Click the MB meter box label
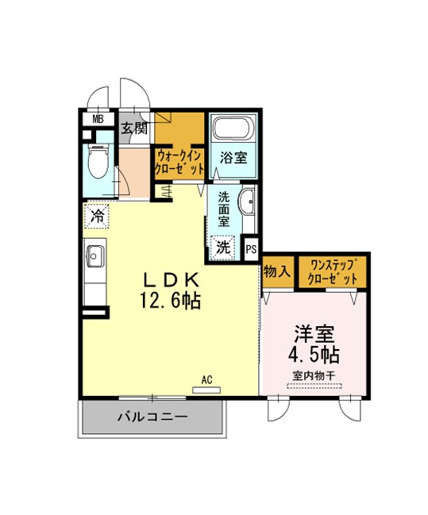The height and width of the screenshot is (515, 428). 98,119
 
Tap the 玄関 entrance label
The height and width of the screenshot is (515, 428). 134,128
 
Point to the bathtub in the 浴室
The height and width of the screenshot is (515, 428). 233,128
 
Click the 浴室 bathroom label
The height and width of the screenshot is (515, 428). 233,158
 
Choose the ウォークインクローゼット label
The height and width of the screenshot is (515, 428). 179,162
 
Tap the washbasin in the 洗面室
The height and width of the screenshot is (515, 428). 247,201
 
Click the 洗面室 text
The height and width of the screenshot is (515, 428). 224,209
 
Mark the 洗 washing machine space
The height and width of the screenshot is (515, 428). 223,248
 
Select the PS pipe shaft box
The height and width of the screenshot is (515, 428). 252,249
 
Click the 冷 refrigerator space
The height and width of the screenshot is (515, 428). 97,216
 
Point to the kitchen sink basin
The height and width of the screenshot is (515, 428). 95,256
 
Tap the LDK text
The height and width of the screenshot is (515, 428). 171,281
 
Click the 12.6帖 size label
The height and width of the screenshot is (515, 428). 171,300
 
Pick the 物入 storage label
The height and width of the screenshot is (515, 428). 277,272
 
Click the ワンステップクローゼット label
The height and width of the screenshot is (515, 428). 333,272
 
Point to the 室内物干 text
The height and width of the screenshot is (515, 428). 314,376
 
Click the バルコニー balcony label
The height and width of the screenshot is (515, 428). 153,417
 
